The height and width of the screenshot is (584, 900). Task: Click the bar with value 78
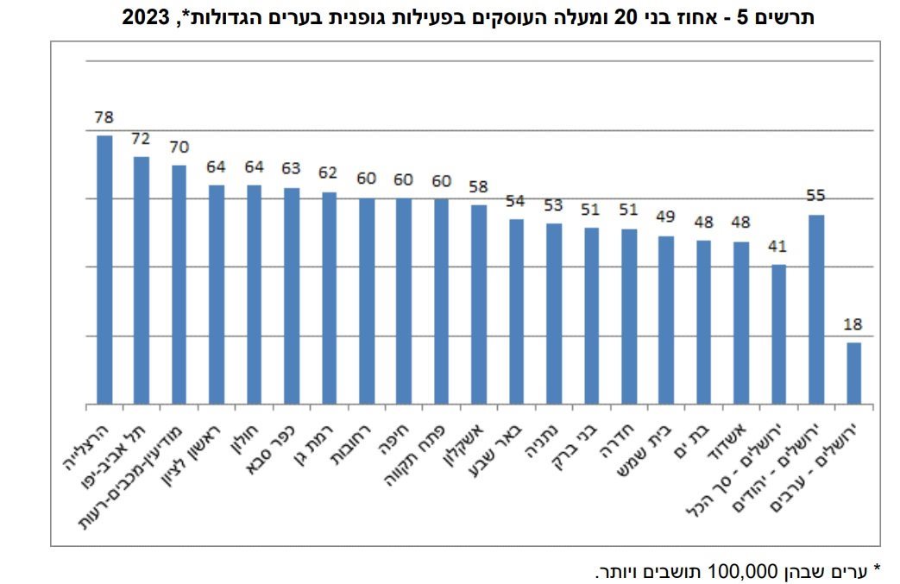(104, 269)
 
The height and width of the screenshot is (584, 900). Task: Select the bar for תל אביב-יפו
(142, 280)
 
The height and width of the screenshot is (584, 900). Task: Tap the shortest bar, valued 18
(853, 373)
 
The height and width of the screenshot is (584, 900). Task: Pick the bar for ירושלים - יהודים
(816, 309)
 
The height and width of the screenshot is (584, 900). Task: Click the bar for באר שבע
(516, 311)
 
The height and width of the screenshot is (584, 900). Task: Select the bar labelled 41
(778, 334)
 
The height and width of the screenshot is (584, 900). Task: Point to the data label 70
(179, 147)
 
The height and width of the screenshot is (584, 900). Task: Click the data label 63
(291, 168)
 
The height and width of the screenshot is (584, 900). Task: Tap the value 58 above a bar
(479, 186)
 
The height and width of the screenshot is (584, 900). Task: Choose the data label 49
(666, 217)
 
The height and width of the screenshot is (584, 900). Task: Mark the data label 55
(816, 196)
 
